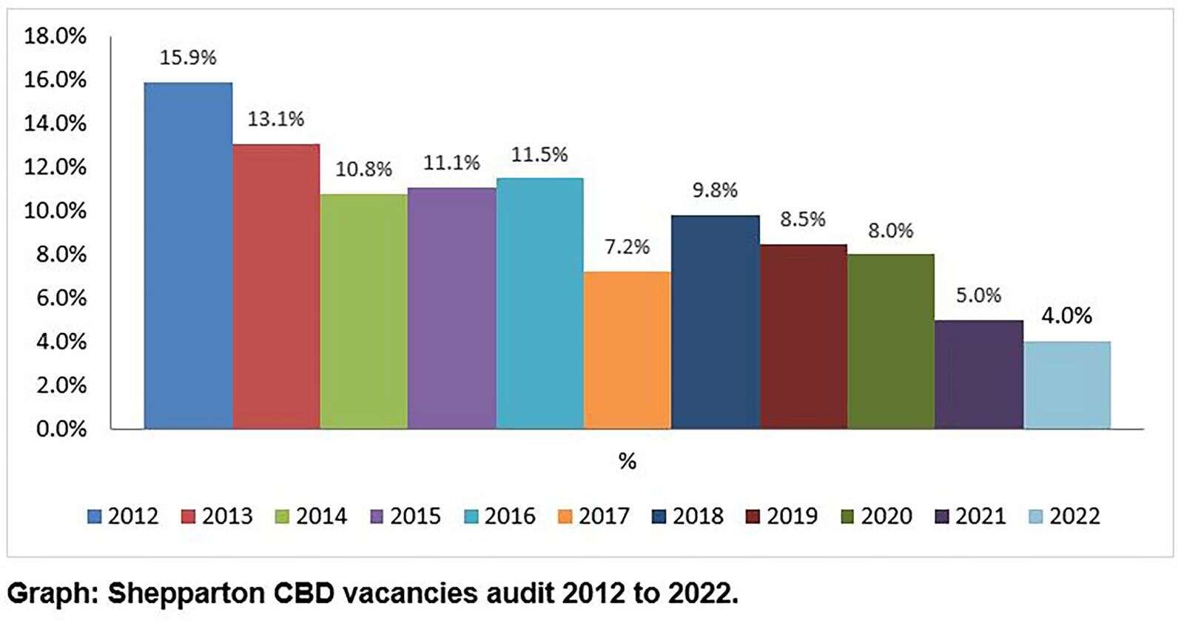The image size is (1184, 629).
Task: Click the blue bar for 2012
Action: [188, 255]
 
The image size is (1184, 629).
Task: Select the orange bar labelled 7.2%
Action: [627, 350]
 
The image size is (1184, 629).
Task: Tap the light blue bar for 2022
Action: [1066, 385]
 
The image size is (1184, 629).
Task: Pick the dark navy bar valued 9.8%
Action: [715, 322]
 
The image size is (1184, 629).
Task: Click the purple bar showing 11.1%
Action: [451, 308]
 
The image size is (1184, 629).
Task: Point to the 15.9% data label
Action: [188, 58]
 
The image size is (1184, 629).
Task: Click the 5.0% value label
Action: [978, 295]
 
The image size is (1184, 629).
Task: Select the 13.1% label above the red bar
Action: [275, 119]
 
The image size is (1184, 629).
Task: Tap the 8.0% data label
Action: [890, 231]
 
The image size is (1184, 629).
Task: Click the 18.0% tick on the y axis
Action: [55, 36]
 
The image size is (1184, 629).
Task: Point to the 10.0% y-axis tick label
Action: [55, 211]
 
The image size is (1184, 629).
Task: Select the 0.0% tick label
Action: [61, 429]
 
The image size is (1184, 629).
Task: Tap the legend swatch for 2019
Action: [753, 517]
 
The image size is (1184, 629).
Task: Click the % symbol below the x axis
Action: [627, 462]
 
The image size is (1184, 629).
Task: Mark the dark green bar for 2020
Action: [890, 341]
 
